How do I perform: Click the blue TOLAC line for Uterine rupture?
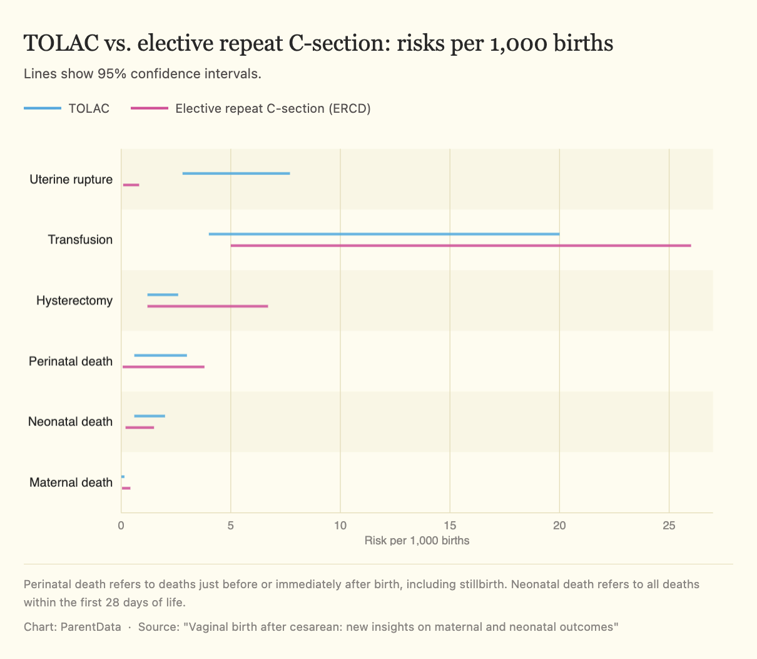pos(236,173)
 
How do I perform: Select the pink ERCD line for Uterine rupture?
pos(131,185)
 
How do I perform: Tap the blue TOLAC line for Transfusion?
pos(384,234)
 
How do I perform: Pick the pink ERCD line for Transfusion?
pos(460,246)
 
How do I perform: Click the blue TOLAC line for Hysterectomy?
pos(163,294)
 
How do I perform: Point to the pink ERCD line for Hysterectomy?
pos(207,306)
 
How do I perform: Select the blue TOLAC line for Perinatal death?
pos(160,355)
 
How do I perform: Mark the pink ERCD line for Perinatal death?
pos(163,367)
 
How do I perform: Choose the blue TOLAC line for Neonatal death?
pos(150,416)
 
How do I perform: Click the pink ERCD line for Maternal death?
pos(126,488)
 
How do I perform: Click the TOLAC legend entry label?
pos(89,108)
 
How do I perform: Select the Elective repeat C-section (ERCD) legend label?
pos(273,108)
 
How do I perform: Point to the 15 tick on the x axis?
pos(450,525)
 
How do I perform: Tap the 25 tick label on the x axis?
pos(669,525)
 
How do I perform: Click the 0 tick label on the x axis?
pos(121,525)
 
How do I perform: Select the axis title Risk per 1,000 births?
pos(417,540)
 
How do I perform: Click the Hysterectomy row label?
pos(74,301)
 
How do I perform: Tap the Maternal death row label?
pos(71,482)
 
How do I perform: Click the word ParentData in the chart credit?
pos(91,627)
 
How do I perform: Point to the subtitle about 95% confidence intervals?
pos(142,74)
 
